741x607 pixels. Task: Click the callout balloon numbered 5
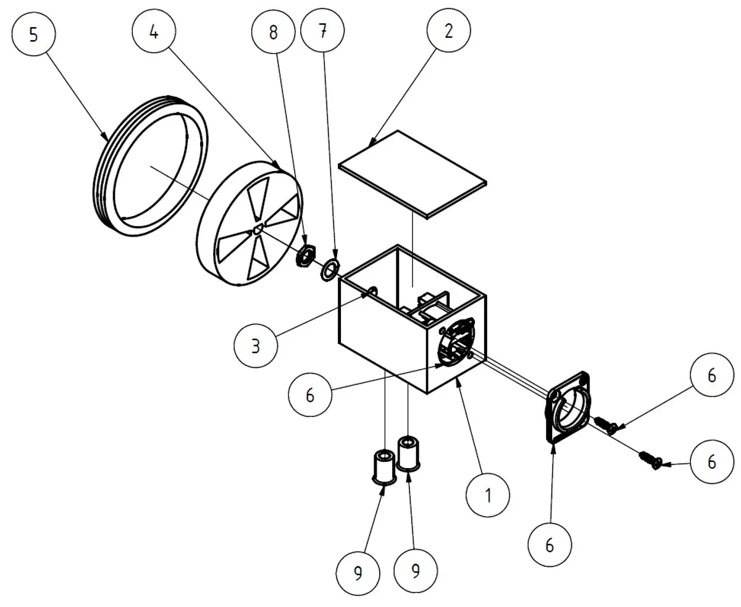34,34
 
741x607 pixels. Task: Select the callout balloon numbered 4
154,31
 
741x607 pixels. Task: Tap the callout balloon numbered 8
274,32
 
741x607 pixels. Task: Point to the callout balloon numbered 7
322,30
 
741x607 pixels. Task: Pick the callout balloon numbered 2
449,30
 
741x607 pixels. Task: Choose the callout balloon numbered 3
256,346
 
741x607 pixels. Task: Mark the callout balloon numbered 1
488,495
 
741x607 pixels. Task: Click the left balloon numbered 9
358,573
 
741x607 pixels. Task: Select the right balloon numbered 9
416,571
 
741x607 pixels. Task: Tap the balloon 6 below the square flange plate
550,545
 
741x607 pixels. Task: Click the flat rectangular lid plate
412,175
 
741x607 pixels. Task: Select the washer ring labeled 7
330,269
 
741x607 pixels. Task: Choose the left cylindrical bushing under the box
384,467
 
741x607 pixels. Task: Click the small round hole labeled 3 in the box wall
372,291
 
